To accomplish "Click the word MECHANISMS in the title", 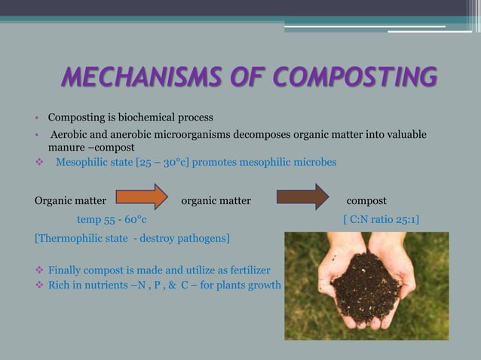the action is coord(141,76).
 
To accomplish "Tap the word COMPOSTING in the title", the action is coord(355,76).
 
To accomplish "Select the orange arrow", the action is coord(142,197).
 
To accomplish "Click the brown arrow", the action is coord(303,197).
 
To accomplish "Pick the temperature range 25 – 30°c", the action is coord(162,163).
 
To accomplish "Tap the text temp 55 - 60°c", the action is coord(112,219).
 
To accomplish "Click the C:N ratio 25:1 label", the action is coord(381,219).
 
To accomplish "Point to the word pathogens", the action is coord(203,238).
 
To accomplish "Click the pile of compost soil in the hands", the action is coord(366,286).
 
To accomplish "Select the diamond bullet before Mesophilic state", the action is coord(39,162).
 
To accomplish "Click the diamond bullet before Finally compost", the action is coord(39,270).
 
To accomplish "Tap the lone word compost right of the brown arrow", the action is coord(366,201).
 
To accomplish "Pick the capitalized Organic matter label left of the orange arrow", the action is coord(71,201).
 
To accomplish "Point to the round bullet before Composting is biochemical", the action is coord(36,117).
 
